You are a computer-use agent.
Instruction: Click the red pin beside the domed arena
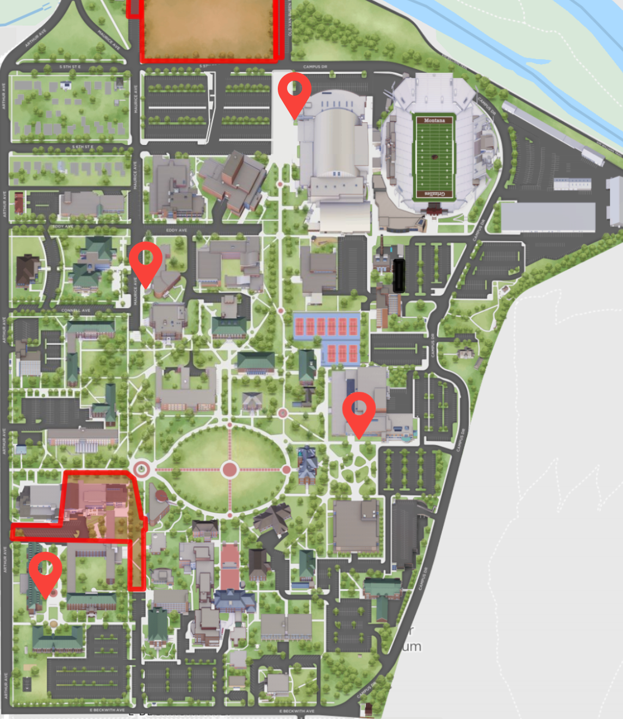pos(295,90)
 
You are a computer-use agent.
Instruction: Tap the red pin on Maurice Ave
pos(146,259)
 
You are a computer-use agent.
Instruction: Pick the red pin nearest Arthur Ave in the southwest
pos(45,570)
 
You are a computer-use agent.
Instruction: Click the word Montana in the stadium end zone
pos(434,120)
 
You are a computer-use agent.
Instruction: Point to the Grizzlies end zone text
pos(434,194)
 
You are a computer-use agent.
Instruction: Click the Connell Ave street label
pos(76,311)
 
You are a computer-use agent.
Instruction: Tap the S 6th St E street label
pos(83,147)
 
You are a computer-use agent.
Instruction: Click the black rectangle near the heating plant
pos(399,275)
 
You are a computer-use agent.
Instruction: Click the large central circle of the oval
pos(229,469)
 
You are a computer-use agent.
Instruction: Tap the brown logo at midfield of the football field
pos(434,157)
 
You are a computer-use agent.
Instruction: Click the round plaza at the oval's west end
pos(141,469)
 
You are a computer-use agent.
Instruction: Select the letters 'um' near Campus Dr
pos(412,646)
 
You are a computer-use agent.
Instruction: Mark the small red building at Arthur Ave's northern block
pos(19,203)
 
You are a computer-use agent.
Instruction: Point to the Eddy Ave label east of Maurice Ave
pos(176,230)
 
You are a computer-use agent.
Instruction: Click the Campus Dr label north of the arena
pos(315,67)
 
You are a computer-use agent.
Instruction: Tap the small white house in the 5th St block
pos(66,85)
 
